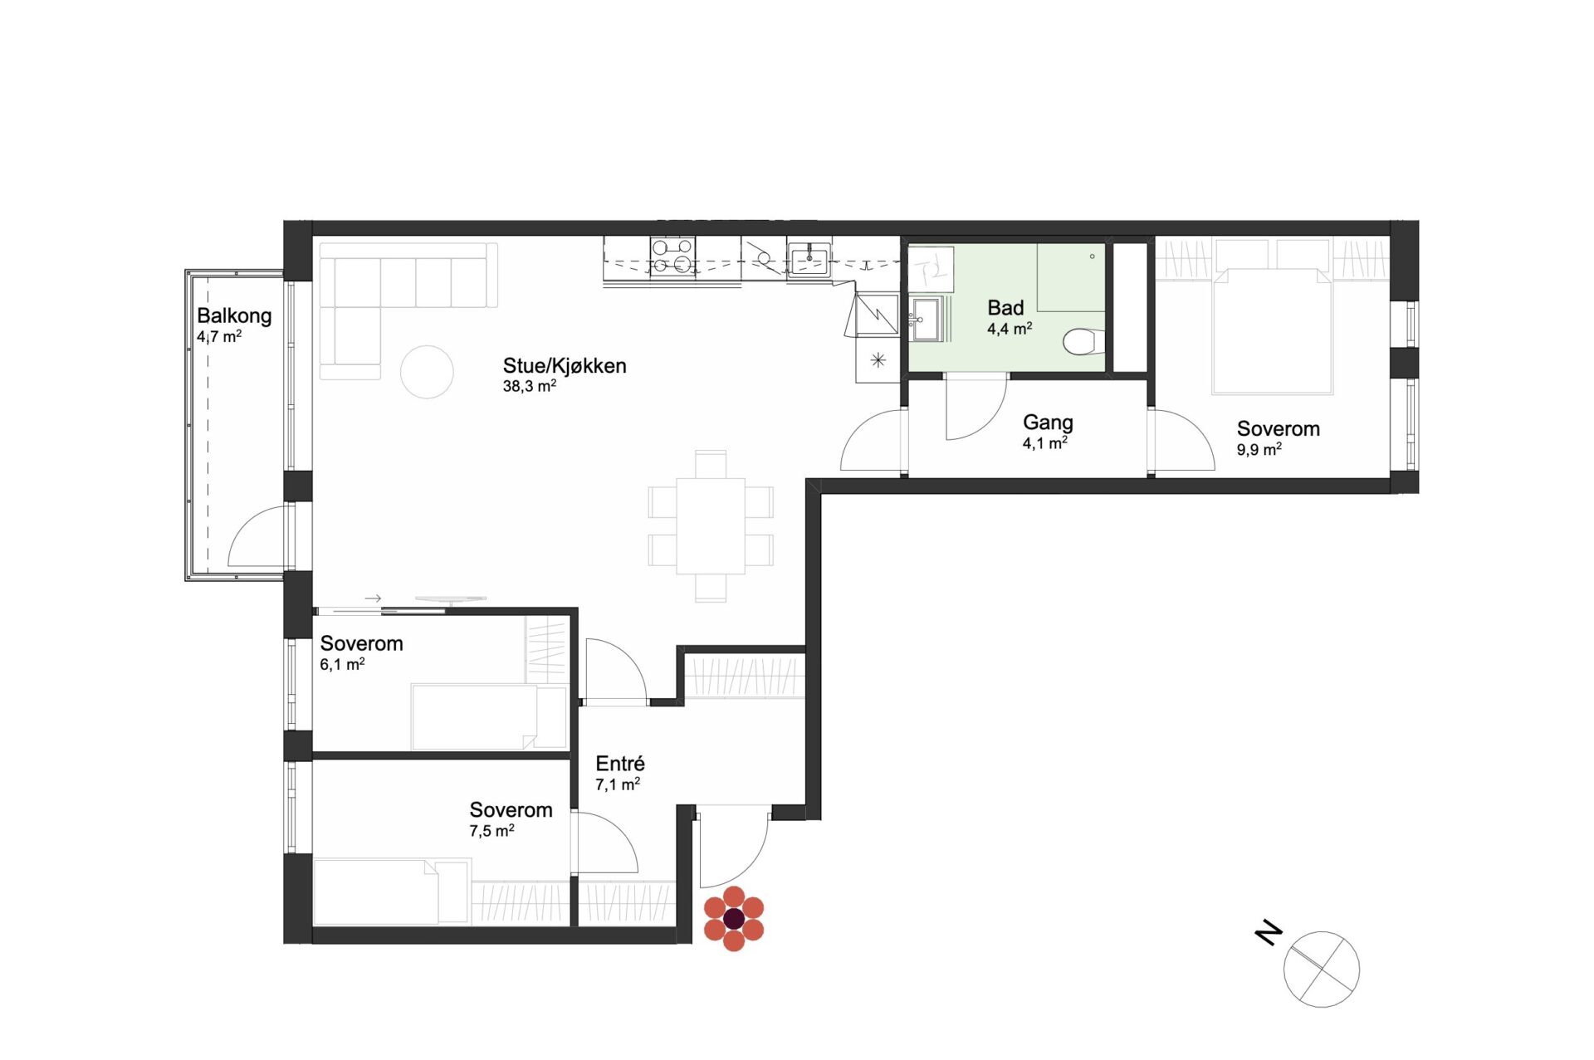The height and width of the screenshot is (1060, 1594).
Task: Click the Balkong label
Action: pyautogui.click(x=234, y=315)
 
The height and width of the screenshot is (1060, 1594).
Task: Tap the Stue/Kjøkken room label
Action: pyautogui.click(x=565, y=366)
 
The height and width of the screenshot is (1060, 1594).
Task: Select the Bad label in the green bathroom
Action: pyautogui.click(x=1005, y=308)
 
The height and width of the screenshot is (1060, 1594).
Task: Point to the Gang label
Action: pyautogui.click(x=1048, y=423)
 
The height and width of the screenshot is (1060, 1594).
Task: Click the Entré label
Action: pyautogui.click(x=620, y=764)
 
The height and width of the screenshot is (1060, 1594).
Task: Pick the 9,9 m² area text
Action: pyautogui.click(x=1259, y=450)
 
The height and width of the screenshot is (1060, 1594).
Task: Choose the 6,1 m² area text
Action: pyautogui.click(x=342, y=664)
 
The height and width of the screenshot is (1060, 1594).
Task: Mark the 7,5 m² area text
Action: pyautogui.click(x=491, y=831)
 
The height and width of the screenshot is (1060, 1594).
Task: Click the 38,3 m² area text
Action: pyautogui.click(x=530, y=386)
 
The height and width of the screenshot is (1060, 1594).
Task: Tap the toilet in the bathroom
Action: pyautogui.click(x=1083, y=341)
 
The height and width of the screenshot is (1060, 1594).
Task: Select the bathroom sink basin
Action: pyautogui.click(x=926, y=320)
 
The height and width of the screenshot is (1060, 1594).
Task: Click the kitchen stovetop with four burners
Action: pyautogui.click(x=672, y=256)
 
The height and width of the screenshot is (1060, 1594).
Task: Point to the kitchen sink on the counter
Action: pyautogui.click(x=809, y=258)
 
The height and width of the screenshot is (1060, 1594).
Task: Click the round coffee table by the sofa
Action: pyautogui.click(x=427, y=372)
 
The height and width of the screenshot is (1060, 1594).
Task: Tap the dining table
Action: pyautogui.click(x=711, y=525)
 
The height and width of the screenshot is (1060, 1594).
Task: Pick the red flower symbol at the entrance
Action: pyautogui.click(x=734, y=919)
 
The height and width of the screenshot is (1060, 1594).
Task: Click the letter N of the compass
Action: pyautogui.click(x=1269, y=933)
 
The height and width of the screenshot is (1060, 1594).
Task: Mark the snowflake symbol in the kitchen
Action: pyautogui.click(x=878, y=360)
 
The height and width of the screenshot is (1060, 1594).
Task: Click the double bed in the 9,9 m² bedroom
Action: pyautogui.click(x=1273, y=330)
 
